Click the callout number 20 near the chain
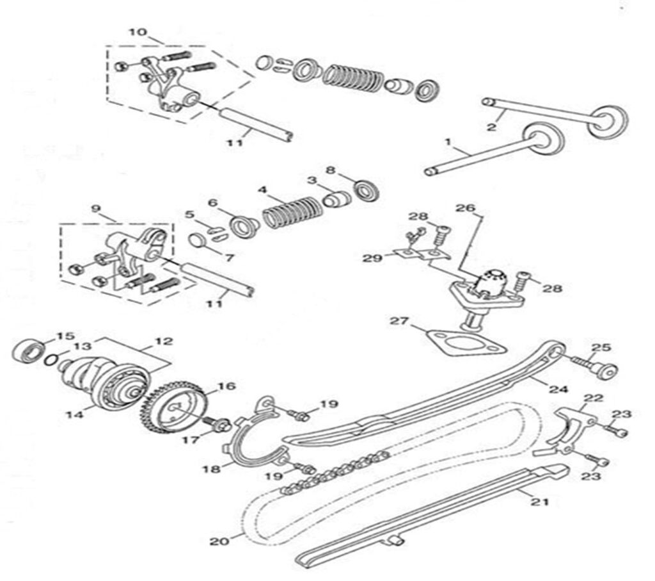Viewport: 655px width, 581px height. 219,541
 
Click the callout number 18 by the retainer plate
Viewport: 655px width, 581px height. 211,468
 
